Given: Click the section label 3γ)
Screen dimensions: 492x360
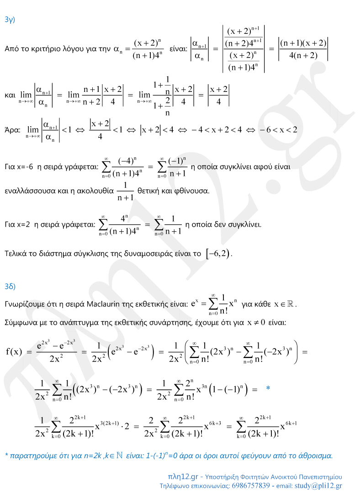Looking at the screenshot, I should point(10,20).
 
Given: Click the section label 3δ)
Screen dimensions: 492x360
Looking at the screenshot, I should point(10,287).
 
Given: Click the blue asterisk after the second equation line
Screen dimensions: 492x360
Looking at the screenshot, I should point(268,389).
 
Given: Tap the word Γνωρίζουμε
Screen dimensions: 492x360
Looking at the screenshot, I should point(23,304).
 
